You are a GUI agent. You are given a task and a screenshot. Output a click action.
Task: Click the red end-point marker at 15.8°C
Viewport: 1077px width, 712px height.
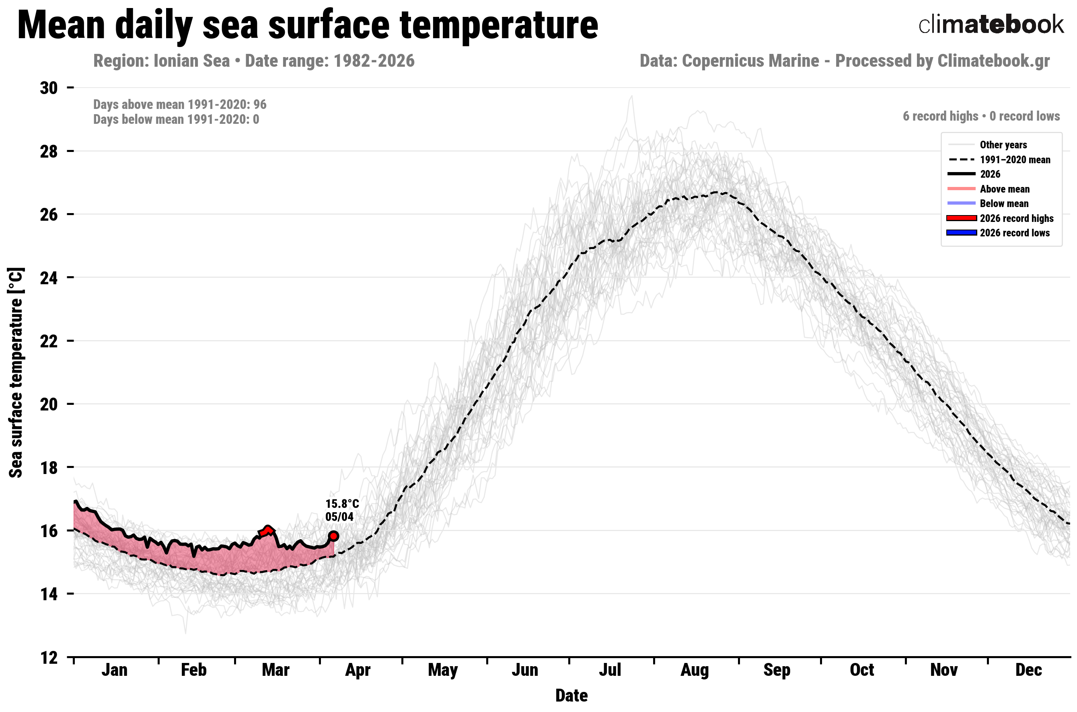(x=333, y=536)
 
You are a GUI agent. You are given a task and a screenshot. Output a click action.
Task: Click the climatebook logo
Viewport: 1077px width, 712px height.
(x=990, y=25)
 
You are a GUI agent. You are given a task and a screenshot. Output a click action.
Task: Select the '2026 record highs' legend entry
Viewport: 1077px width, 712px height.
(x=1016, y=218)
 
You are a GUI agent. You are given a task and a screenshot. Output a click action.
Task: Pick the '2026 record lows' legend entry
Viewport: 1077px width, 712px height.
(x=1014, y=233)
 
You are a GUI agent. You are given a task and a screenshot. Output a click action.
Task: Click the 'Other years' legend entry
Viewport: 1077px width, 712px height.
(x=1003, y=145)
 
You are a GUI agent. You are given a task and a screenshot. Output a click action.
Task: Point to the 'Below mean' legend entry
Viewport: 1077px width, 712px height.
(x=1004, y=203)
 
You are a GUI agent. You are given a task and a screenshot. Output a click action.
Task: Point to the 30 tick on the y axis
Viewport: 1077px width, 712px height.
(x=49, y=88)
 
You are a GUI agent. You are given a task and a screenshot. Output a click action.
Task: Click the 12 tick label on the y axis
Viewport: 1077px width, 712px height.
(x=49, y=657)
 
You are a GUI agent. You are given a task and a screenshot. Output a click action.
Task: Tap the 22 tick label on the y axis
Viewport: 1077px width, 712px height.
(x=49, y=341)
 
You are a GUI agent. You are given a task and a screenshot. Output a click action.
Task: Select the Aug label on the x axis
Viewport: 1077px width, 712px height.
(x=694, y=670)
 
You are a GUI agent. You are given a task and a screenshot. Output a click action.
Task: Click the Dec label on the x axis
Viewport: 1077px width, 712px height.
(x=1028, y=670)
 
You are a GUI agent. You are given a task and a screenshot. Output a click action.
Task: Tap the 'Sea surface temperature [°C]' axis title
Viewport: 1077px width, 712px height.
(x=16, y=372)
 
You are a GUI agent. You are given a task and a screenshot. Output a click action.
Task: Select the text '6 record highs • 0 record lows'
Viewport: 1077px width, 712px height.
(x=981, y=116)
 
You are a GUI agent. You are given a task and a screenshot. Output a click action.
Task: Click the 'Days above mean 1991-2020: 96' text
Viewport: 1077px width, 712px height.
(x=180, y=105)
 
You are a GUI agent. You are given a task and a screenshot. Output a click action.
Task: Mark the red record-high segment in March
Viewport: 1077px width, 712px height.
(x=267, y=530)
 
